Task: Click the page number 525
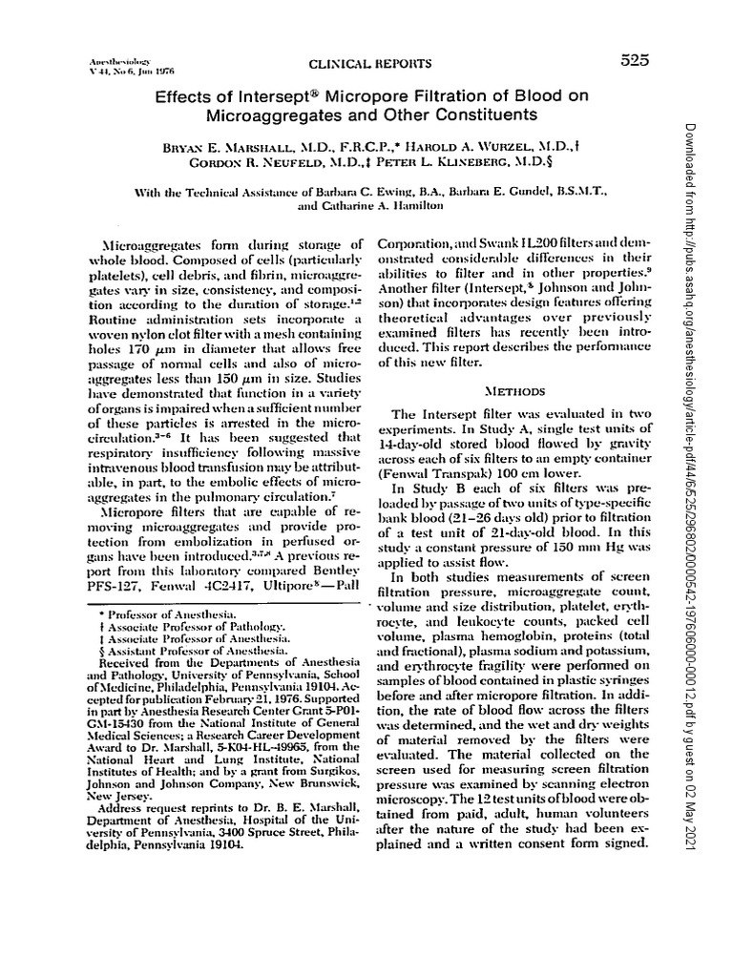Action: [633, 60]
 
